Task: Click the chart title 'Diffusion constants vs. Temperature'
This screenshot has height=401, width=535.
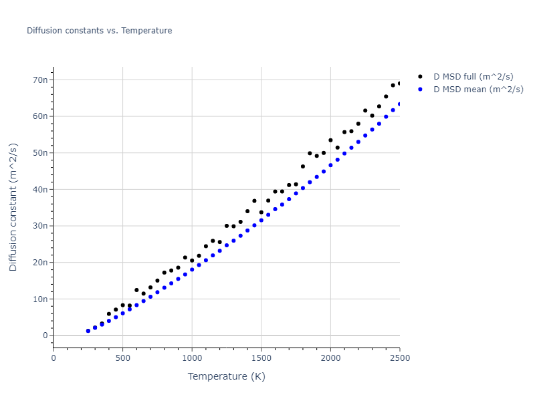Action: tap(99, 31)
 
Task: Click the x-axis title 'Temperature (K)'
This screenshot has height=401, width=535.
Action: tap(226, 377)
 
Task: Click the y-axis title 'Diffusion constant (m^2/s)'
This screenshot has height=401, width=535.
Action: tap(13, 207)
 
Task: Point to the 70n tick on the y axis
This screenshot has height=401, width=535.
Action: tap(41, 80)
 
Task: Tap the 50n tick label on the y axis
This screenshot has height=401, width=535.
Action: tap(41, 153)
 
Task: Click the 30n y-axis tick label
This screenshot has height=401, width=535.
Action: tap(41, 226)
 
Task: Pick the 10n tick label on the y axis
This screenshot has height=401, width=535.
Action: tap(41, 299)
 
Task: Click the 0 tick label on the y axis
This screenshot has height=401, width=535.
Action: tap(45, 336)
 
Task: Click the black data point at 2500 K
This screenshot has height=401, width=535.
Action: tap(400, 84)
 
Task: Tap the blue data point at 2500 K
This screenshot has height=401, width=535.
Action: tap(400, 104)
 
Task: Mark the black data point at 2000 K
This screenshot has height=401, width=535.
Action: tap(330, 140)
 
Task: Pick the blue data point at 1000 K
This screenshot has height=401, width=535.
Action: tap(192, 269)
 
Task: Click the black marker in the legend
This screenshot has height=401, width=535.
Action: tap(420, 77)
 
